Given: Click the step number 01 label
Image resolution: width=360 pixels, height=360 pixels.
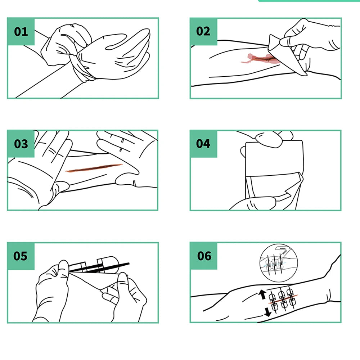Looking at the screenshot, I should tap(21, 31).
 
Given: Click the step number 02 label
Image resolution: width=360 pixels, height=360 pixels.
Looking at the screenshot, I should tap(203, 31).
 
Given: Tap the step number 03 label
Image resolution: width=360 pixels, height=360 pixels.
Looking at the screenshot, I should tap(21, 144).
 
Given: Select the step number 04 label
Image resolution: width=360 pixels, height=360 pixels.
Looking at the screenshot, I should tap(203, 144).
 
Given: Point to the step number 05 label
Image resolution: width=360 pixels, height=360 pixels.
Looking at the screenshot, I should tap(21, 256).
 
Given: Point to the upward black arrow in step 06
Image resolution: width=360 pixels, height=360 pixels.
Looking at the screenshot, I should tap(262, 295).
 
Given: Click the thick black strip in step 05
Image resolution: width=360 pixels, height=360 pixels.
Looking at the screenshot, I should tap(101, 266).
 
